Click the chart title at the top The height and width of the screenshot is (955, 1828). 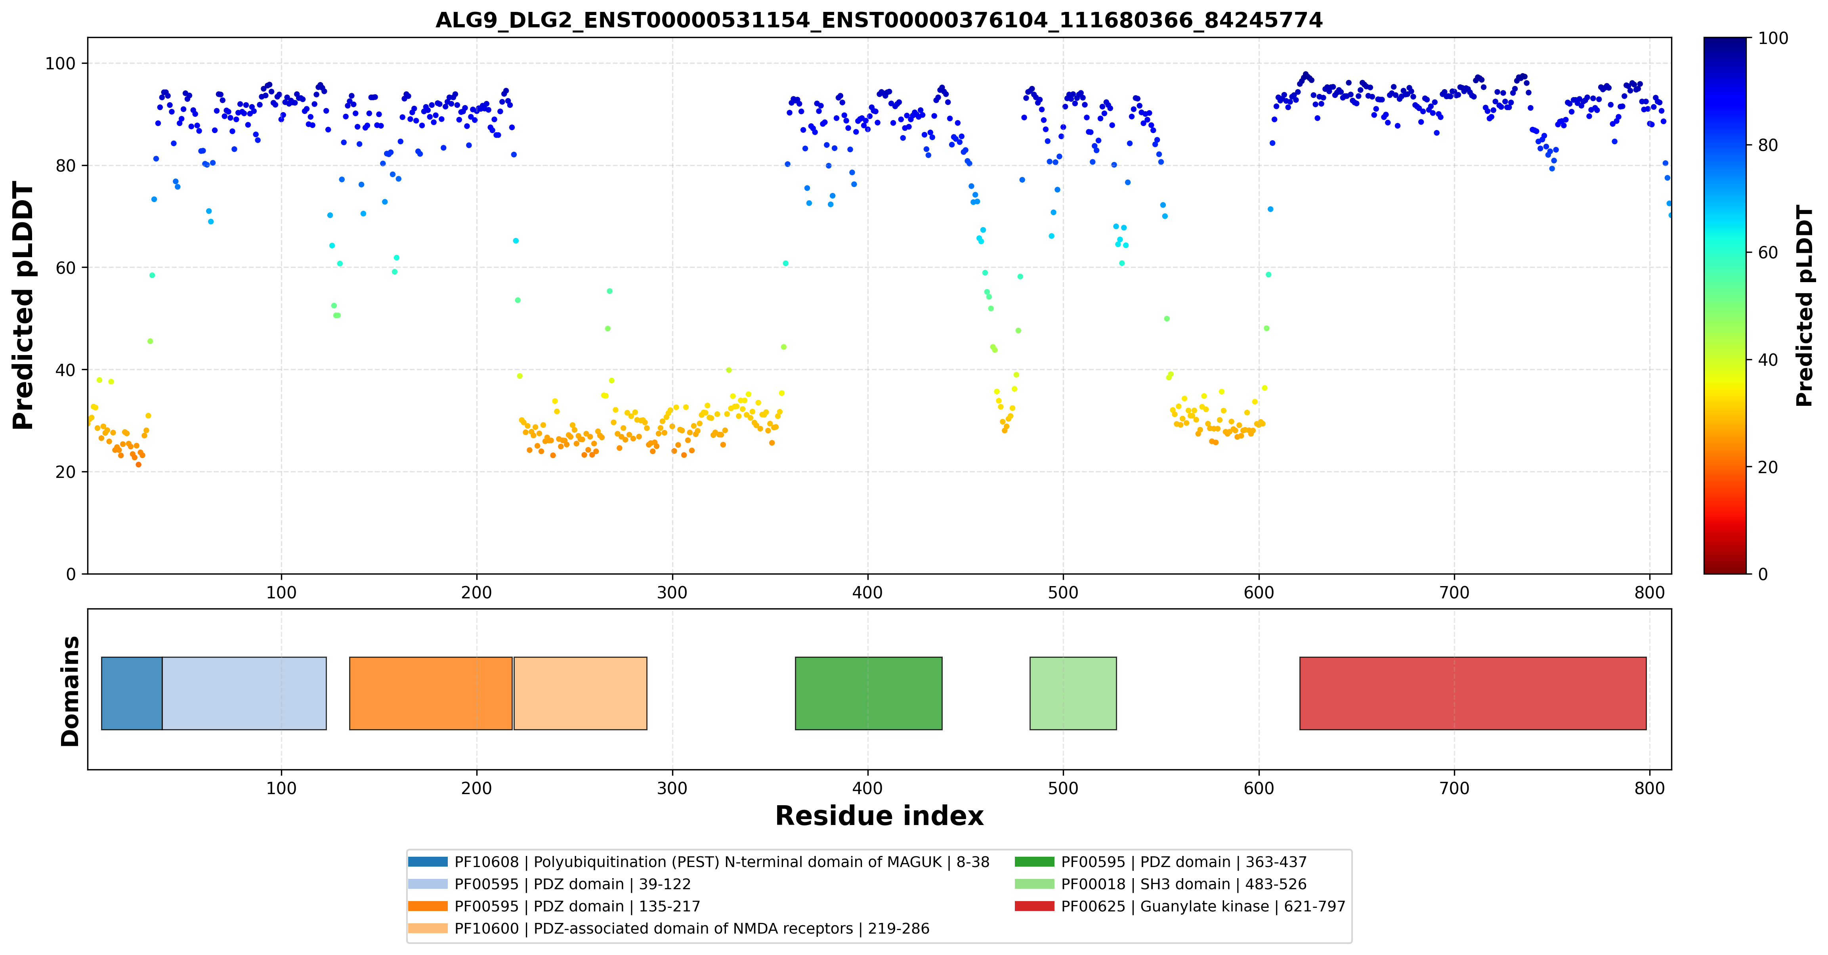pyautogui.click(x=879, y=20)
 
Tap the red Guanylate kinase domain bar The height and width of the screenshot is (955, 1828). pyautogui.click(x=1473, y=693)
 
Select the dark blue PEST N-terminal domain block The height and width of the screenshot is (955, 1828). pyautogui.click(x=132, y=693)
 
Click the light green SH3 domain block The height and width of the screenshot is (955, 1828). pyautogui.click(x=1073, y=693)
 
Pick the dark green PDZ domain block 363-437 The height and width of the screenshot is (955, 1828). pyautogui.click(x=869, y=693)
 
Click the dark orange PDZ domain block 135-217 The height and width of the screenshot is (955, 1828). pyautogui.click(x=431, y=693)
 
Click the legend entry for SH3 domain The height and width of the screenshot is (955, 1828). pyautogui.click(x=1160, y=884)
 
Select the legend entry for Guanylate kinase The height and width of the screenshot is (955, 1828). pyautogui.click(x=1179, y=906)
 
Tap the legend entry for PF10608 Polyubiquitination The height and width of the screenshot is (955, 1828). pyautogui.click(x=698, y=862)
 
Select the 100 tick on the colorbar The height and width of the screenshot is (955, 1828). pyautogui.click(x=1773, y=38)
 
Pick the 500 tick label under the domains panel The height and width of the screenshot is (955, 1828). pyautogui.click(x=1063, y=788)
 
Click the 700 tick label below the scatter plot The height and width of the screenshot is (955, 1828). pyautogui.click(x=1454, y=592)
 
